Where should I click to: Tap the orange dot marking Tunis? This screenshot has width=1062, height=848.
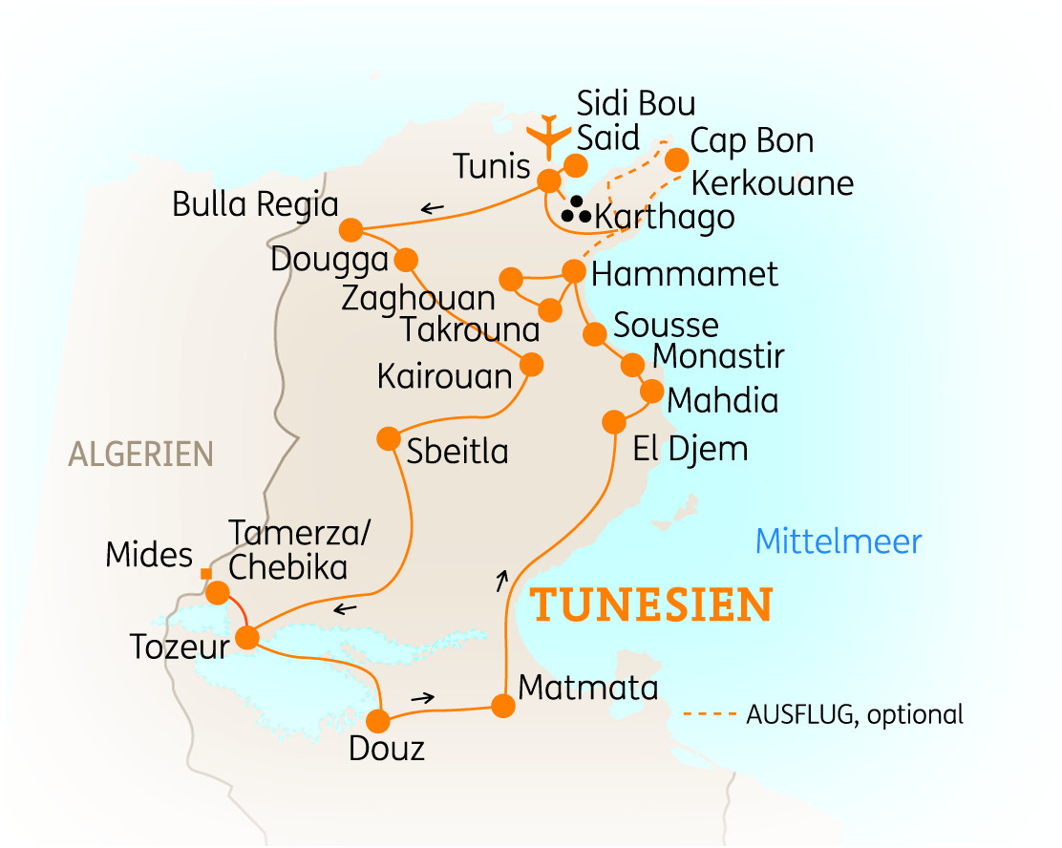549,180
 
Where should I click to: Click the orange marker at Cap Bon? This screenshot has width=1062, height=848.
676,159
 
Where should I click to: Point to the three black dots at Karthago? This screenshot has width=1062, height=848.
576,211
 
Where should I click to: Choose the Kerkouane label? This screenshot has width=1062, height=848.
772,182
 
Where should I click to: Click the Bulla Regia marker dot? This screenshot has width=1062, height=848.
350,230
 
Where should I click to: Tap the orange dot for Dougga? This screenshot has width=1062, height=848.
406,259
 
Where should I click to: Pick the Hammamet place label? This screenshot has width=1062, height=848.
685,275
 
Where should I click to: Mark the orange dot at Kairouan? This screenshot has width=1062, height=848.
531,364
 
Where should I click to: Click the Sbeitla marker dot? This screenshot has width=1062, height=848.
388,438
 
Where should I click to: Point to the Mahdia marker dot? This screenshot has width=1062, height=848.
651,392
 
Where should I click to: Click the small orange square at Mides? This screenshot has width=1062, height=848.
204,574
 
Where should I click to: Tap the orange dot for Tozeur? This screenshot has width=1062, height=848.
247,637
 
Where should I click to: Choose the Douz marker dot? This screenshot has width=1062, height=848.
380,720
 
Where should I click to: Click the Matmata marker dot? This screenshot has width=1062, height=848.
502,706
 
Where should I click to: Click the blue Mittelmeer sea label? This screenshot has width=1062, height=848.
839,542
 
